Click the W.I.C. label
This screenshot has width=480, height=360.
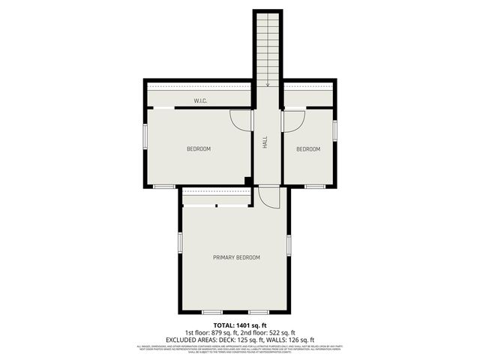(200, 100)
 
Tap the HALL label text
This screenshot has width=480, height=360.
(265, 142)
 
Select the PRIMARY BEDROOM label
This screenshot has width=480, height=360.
(236, 257)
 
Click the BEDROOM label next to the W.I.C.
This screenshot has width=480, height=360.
(198, 148)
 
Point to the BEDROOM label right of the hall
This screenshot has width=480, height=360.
(307, 148)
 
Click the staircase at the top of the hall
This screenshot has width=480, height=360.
(267, 49)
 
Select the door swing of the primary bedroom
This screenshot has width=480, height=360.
(268, 197)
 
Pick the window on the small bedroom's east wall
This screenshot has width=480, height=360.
(335, 129)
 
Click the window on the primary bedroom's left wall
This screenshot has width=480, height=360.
(180, 243)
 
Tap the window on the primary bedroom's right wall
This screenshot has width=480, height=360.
(289, 245)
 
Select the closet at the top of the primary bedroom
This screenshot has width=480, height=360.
(216, 197)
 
